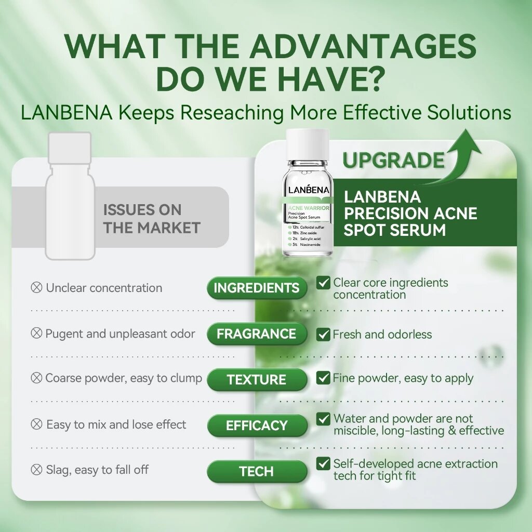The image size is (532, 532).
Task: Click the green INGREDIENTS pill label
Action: pyautogui.click(x=257, y=288)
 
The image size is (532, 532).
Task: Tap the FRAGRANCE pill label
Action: pyautogui.click(x=257, y=334)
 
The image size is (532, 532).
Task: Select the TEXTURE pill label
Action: pyautogui.click(x=257, y=380)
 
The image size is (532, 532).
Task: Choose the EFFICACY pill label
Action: pyautogui.click(x=257, y=425)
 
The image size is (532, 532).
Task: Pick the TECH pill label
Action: pyautogui.click(x=257, y=471)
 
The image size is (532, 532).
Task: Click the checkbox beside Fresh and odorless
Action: pyautogui.click(x=323, y=334)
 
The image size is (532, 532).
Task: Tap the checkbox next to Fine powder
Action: pyautogui.click(x=323, y=378)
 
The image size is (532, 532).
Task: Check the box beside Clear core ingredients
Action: pyautogui.click(x=323, y=282)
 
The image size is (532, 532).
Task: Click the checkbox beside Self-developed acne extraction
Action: pyautogui.click(x=323, y=463)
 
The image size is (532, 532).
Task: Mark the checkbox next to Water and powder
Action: pyautogui.click(x=323, y=419)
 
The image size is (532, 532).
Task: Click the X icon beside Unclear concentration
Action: pyautogui.click(x=36, y=288)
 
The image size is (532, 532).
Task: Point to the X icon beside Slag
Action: pyautogui.click(x=36, y=470)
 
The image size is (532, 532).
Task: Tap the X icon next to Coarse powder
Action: pyautogui.click(x=36, y=378)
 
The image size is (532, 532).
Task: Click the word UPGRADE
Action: pyautogui.click(x=394, y=160)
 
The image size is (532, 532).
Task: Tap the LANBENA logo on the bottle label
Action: pyautogui.click(x=309, y=190)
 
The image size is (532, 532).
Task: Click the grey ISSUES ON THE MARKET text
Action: pyautogui.click(x=152, y=219)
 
